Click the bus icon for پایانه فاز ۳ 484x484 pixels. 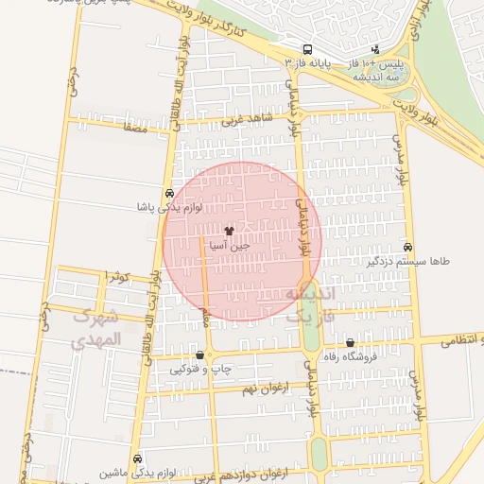point(306,49)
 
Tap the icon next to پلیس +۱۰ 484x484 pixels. point(375,48)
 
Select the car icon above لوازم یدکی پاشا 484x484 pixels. point(169,193)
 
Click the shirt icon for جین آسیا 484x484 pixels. point(228,230)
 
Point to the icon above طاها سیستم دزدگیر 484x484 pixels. point(407,246)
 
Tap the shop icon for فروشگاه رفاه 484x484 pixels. point(351,343)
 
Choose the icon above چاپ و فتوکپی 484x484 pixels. point(199,355)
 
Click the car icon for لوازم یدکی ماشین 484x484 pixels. point(138,458)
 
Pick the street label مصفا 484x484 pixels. point(135,127)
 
